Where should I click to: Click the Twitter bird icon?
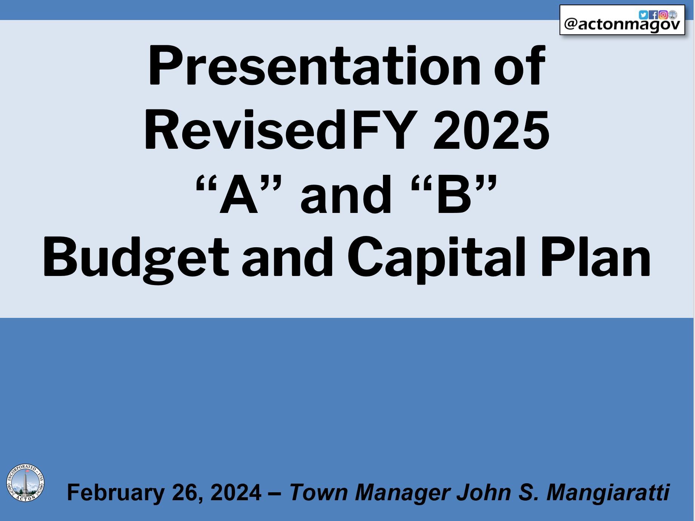(x=643, y=15)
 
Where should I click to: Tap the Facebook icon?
(x=653, y=15)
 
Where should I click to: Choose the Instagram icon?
(x=663, y=15)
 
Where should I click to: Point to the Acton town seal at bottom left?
(x=25, y=483)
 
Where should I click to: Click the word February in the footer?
(x=116, y=492)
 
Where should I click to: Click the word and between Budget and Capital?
(x=287, y=259)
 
